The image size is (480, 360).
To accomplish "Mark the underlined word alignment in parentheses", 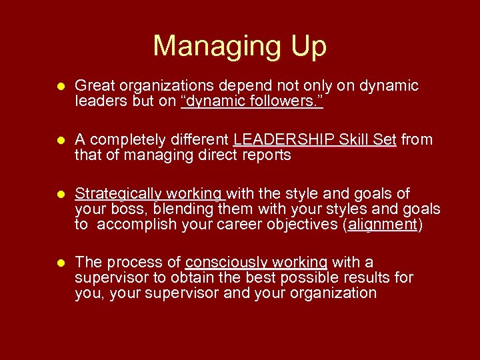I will [x=381, y=224].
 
